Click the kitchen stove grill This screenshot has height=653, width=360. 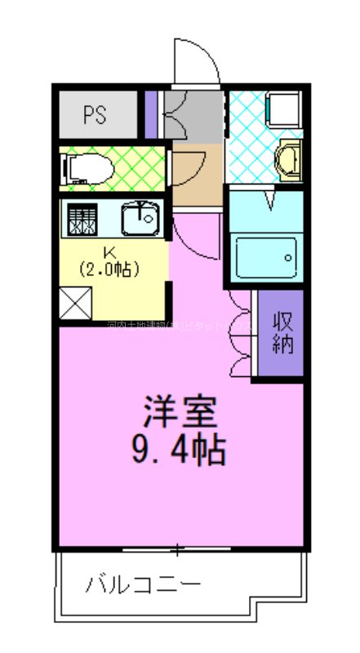[x=82, y=219]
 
